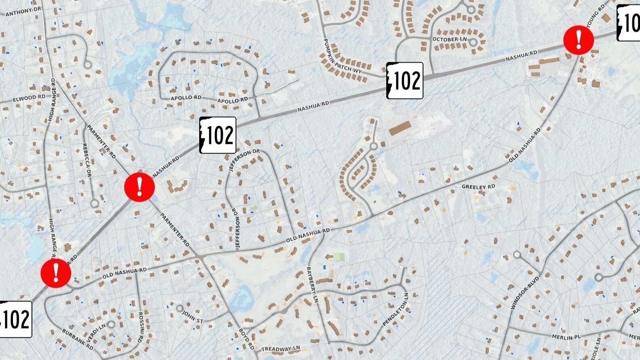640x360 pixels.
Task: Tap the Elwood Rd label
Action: point(29,98)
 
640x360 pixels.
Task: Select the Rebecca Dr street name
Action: point(87,160)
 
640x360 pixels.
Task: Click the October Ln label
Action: point(449,39)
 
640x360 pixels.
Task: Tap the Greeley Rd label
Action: point(478,187)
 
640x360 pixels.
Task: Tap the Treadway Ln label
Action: point(281,349)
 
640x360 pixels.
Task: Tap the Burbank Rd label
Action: point(77,339)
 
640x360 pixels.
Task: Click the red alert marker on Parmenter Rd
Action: point(139,187)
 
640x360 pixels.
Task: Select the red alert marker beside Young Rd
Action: point(579,40)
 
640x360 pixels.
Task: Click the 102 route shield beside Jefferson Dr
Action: point(218,135)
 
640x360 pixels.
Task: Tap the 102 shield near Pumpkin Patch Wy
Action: point(405,81)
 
